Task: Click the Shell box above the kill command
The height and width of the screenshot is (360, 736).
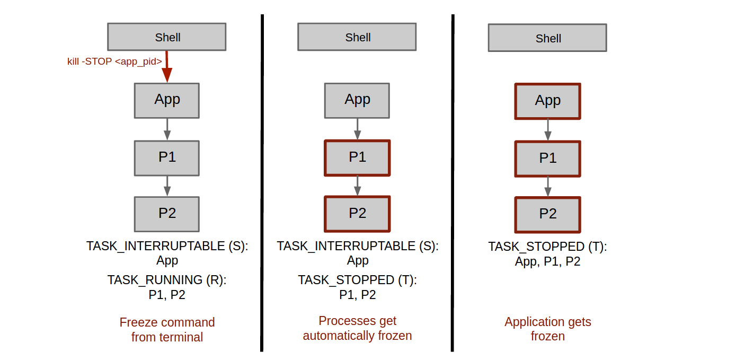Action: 166,37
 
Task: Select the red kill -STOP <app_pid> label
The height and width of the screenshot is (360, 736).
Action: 114,62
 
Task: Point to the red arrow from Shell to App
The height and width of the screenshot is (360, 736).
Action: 167,66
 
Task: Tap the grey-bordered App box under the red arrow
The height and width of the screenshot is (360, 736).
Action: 166,101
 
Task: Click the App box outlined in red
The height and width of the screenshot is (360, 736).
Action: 548,101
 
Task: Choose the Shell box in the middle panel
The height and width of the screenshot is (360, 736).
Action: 357,37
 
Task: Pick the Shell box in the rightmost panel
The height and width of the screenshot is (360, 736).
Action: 547,38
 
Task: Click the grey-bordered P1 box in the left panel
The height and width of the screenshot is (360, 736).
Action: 166,158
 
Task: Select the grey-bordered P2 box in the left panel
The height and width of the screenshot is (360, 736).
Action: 166,214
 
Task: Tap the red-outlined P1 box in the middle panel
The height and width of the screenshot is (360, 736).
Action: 357,158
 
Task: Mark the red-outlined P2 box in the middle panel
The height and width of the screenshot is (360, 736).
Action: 357,214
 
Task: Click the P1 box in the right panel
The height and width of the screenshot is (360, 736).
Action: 548,159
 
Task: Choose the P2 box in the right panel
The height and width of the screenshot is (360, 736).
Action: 548,215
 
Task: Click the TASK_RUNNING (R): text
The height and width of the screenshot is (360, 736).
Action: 167,280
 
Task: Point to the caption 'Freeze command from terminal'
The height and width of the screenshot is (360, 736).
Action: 167,330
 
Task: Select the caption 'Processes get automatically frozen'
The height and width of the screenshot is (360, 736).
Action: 357,328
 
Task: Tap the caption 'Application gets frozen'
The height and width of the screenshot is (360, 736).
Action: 548,329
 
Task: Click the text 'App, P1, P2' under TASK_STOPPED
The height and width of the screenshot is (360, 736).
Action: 547,262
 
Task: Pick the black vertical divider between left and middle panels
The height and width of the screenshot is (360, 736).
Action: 262,183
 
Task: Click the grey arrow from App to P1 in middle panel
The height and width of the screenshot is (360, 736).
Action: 358,129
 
